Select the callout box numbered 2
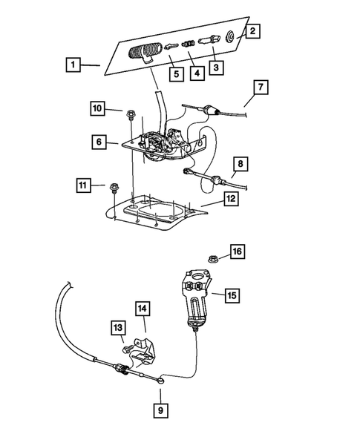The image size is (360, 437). pyautogui.click(x=254, y=31)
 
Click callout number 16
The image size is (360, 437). pyautogui.click(x=237, y=253)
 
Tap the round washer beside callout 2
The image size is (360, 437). pyautogui.click(x=231, y=35)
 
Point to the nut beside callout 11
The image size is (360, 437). pyautogui.click(x=115, y=187)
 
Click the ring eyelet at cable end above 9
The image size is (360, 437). pyautogui.click(x=162, y=384)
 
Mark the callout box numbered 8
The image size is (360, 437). pyautogui.click(x=239, y=162)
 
